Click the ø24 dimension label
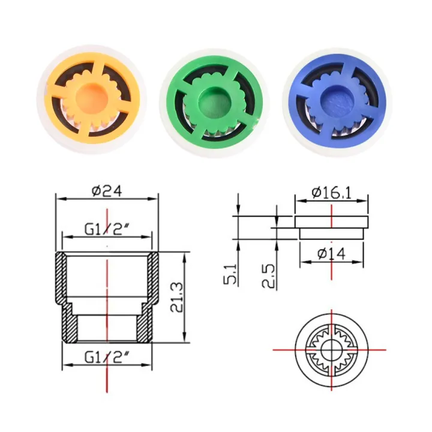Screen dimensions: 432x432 coord(107,191)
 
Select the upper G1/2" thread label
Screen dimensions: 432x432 coord(106,229)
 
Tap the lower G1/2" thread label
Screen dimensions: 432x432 coord(106,359)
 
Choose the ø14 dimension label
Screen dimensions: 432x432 coord(331,254)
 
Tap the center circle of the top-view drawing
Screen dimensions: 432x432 coord(332,349)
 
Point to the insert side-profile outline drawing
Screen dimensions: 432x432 coord(331,227)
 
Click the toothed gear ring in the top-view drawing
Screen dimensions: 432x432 coord(332,336)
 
